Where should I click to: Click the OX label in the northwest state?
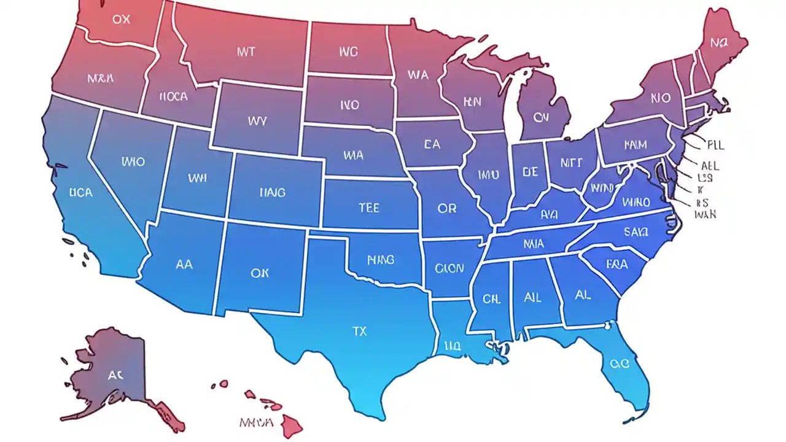pos(122,19)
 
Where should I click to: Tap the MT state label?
pos(246,52)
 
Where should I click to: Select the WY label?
pos(257,121)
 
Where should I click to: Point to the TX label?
pos(359,331)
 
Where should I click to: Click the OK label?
pos(260,273)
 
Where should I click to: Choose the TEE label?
pos(368,208)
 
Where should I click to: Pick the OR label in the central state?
pos(447,209)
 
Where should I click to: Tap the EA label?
pos(432,145)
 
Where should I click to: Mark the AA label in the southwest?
pos(184,265)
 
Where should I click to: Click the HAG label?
pos(272,193)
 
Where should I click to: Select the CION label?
pos(449,268)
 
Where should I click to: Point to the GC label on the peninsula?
pos(620,363)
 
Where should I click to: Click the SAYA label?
pos(636,231)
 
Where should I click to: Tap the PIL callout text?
pos(715,145)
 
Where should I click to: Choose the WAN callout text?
pos(705,215)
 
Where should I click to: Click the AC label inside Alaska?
pos(115,375)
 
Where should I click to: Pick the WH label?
pos(197,178)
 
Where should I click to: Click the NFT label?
pos(570,163)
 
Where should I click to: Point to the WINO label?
pos(636,202)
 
